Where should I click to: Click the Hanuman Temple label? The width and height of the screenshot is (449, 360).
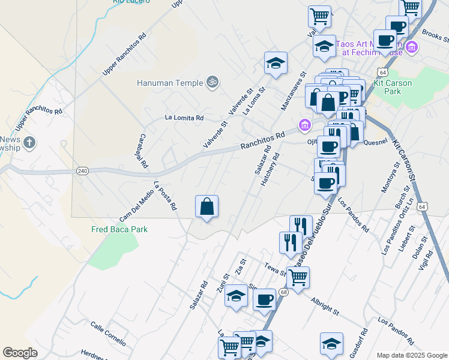tap(170, 83)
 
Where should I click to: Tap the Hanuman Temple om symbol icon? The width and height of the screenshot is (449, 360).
tap(211, 82)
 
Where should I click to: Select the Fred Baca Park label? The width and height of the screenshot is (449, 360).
tap(119, 229)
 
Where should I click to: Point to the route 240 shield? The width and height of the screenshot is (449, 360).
tap(83, 172)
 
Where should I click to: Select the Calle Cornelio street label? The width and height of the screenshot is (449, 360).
tap(108, 334)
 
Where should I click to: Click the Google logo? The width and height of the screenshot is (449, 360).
tap(20, 353)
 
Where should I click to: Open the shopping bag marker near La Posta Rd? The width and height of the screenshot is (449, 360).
tap(206, 207)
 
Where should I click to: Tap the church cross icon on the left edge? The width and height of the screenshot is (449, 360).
tap(29, 143)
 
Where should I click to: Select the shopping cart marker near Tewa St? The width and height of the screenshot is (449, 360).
tap(298, 278)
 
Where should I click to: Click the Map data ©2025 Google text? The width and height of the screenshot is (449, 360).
tap(412, 355)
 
